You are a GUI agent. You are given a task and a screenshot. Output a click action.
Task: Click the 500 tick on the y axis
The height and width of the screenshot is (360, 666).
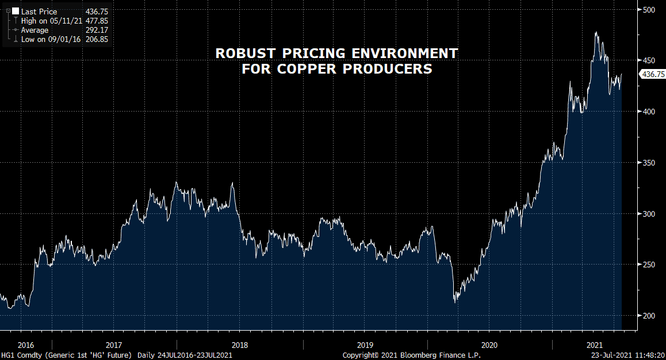pos(649,10)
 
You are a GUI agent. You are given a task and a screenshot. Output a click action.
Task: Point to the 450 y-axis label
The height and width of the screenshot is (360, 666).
pos(649,60)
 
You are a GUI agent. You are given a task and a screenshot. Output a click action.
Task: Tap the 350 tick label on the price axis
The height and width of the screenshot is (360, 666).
pos(649,163)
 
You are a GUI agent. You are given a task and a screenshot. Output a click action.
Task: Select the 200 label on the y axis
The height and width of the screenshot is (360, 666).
pos(649,316)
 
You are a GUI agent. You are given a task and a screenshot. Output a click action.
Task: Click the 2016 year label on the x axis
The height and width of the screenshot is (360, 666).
pos(26,345)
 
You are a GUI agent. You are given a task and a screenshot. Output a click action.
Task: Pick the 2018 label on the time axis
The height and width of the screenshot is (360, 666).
pos(240,345)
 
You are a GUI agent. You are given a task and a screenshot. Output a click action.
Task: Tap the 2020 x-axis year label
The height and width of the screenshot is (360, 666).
pos(489,345)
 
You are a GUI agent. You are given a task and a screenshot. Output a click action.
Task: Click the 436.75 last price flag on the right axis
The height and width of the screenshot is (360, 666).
pos(652,74)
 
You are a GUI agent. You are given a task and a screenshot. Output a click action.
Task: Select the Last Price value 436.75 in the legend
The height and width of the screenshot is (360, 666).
pos(96,12)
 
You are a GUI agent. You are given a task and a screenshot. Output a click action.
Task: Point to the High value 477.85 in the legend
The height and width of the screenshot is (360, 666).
pos(96,21)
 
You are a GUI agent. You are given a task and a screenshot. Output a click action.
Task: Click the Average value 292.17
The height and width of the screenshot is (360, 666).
pos(96,30)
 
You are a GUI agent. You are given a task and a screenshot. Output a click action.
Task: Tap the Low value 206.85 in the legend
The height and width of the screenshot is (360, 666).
pos(96,39)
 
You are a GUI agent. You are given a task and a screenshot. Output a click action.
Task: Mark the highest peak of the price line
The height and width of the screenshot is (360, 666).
pos(596,32)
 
